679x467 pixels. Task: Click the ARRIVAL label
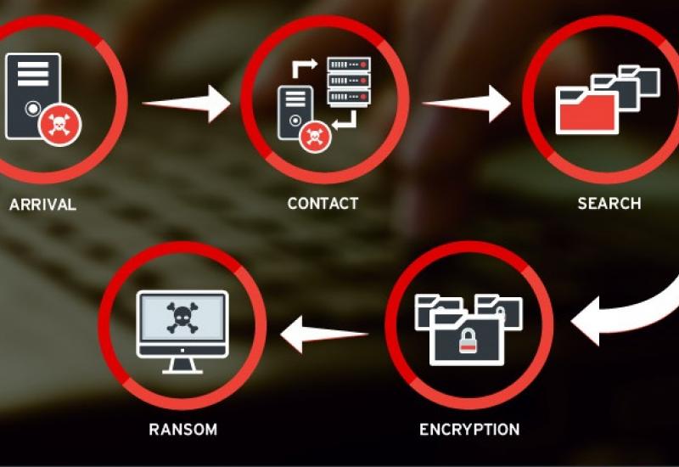42,205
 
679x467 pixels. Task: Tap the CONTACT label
323,204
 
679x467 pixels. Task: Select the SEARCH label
609,204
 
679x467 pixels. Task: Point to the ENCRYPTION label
469,429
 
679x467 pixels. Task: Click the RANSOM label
182,429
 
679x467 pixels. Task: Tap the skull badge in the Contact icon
315,133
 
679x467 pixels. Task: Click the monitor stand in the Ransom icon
182,364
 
